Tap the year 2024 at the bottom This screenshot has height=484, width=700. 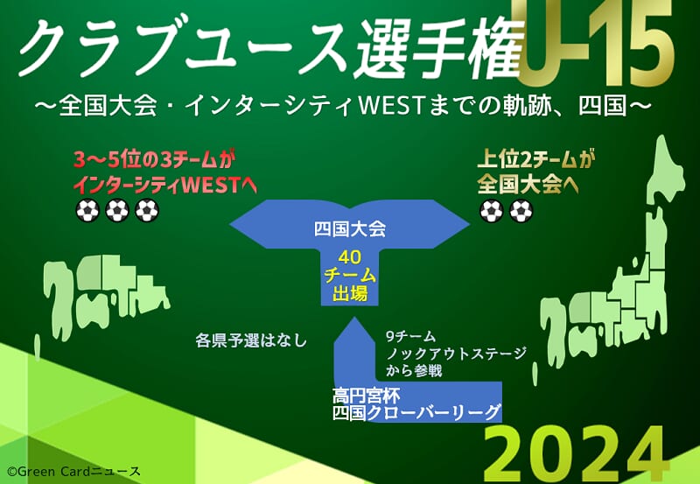(x=574, y=454)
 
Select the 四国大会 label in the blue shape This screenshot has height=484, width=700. (x=349, y=228)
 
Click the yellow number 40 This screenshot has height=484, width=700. (x=349, y=257)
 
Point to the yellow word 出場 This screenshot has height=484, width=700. (x=349, y=293)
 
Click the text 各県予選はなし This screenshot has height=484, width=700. (x=251, y=340)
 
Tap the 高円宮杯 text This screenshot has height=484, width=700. (x=366, y=395)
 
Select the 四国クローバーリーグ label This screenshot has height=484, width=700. (x=416, y=412)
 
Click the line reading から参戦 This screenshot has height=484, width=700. (x=414, y=370)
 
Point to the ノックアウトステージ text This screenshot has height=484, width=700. (x=456, y=354)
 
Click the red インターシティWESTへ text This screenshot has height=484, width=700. (x=165, y=186)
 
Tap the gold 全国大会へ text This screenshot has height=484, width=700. (x=528, y=184)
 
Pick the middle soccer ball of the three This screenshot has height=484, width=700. (x=117, y=210)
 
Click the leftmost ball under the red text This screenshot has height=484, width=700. (x=87, y=210)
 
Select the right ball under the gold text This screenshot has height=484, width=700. (x=521, y=210)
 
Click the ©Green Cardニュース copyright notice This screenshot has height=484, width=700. (x=73, y=472)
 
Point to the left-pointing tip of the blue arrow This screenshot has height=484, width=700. (x=229, y=224)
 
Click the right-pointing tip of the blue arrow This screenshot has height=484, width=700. (x=470, y=224)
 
